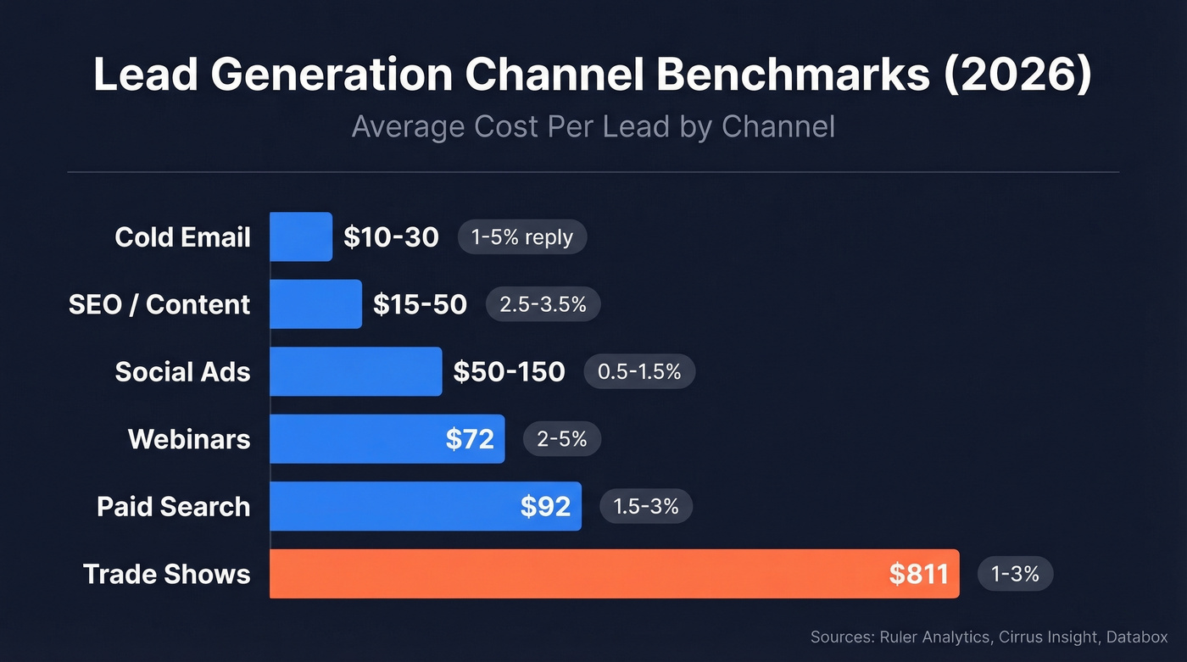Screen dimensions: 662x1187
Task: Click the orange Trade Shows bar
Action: (577, 574)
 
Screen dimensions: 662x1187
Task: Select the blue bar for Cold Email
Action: (301, 236)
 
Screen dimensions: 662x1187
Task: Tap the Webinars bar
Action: (356, 439)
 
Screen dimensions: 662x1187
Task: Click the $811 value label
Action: (918, 574)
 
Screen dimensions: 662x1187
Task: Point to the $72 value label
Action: (469, 439)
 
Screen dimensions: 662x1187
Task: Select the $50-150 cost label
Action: (509, 371)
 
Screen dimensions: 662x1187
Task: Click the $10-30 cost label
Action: (391, 236)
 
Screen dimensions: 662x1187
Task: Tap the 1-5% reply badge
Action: (522, 237)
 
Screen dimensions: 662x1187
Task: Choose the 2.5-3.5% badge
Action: (543, 304)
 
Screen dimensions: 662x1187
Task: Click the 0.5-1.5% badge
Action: (639, 371)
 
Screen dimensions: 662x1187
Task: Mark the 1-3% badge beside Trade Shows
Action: (1015, 574)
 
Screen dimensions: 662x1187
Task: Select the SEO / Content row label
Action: (159, 304)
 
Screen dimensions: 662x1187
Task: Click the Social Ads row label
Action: (182, 371)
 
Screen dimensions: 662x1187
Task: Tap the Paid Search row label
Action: (173, 507)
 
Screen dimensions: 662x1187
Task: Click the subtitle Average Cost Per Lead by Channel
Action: (593, 127)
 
